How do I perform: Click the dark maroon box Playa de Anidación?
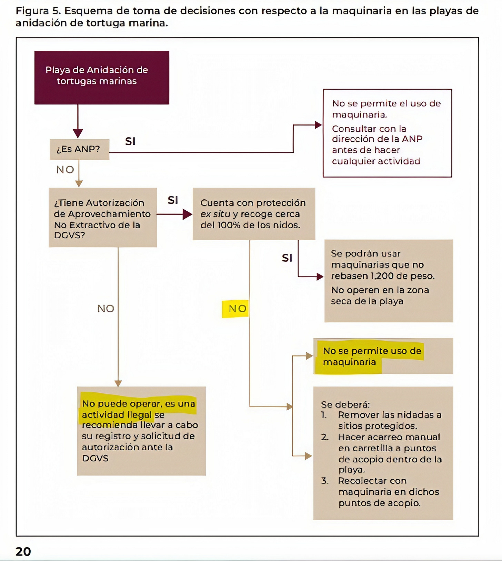tap(102, 77)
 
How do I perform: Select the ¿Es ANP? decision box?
tap(79, 149)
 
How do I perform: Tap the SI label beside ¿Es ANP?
tap(130, 141)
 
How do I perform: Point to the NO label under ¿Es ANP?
tap(65, 170)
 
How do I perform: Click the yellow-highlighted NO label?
tap(238, 309)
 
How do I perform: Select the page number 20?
tap(23, 552)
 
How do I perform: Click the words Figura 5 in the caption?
tap(37, 11)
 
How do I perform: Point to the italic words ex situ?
tap(215, 214)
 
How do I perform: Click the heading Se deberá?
tap(345, 404)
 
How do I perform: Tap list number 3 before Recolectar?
tap(324, 481)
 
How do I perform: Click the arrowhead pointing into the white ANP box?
tap(318, 125)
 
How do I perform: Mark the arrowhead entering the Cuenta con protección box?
tap(187, 214)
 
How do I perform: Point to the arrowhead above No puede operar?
tap(118, 383)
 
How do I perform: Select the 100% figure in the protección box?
tap(229, 225)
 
